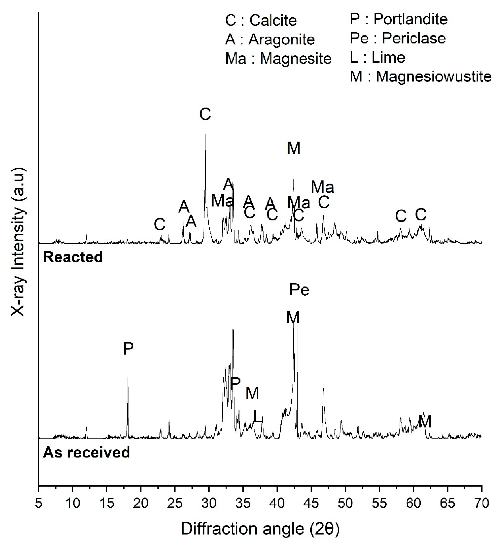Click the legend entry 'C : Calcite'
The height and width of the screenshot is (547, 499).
click(261, 20)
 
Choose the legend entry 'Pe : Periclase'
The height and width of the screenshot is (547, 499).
click(398, 38)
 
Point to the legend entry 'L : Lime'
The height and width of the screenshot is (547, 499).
click(377, 58)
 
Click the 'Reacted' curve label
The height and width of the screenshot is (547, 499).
click(73, 257)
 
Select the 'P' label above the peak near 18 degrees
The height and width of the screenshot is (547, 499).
click(128, 349)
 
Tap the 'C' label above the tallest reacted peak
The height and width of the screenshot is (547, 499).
click(205, 114)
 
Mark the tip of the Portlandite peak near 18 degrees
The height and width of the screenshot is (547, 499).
click(128, 357)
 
